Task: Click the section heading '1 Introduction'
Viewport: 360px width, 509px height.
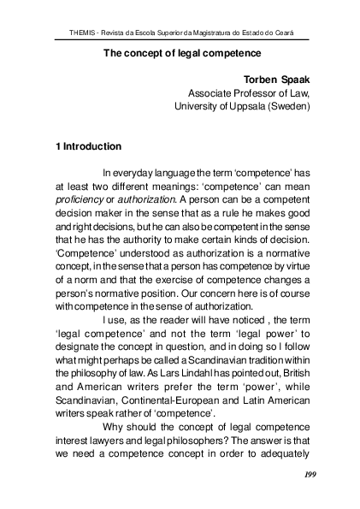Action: click(88, 146)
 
